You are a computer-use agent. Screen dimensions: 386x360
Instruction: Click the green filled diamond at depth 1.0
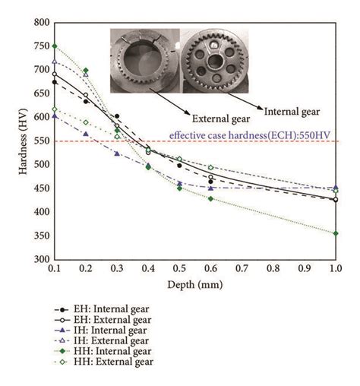(x=336, y=233)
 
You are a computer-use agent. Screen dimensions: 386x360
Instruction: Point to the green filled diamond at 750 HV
(x=54, y=46)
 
